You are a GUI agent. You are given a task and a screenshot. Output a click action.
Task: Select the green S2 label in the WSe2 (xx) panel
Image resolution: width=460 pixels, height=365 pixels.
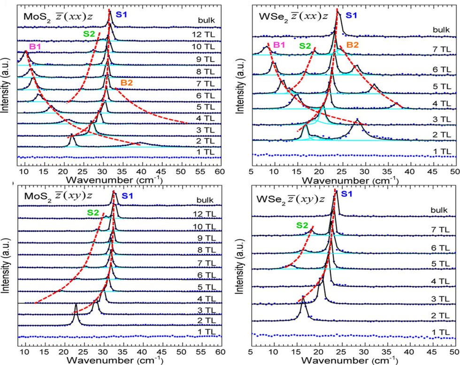pos(306,46)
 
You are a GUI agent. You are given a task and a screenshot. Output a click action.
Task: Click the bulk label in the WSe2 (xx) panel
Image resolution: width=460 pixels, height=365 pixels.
pos(441,30)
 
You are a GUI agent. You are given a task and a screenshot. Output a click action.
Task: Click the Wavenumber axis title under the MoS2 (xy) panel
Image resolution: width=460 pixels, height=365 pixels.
pos(115,360)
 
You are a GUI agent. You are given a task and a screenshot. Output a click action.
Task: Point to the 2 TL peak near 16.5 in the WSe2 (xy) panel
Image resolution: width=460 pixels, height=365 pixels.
pos(303,298)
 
